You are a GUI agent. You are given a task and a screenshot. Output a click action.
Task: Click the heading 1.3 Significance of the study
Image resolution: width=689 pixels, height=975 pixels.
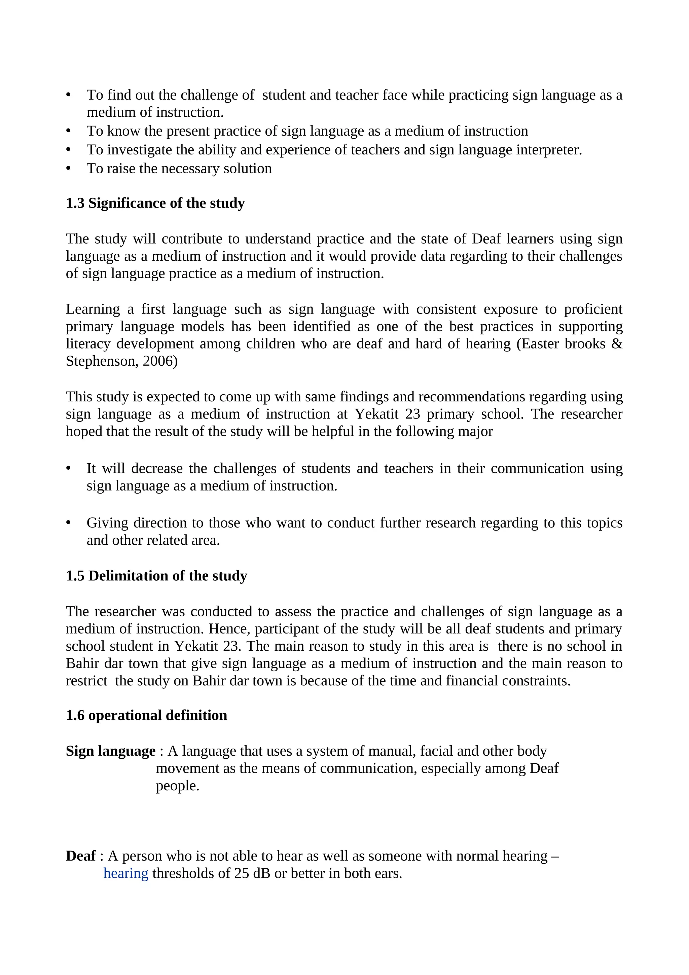point(155,204)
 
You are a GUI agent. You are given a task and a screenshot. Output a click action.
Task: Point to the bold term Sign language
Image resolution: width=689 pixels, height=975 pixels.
point(110,751)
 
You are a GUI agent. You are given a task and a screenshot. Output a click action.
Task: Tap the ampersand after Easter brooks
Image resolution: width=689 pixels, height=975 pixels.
point(617,344)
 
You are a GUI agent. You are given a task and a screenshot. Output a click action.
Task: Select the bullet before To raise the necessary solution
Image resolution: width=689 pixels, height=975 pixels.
point(68,169)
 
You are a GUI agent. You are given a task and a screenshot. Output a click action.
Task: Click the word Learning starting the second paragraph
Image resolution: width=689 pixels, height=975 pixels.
point(93,309)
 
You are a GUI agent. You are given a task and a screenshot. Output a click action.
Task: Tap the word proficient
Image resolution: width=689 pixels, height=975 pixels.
point(593,309)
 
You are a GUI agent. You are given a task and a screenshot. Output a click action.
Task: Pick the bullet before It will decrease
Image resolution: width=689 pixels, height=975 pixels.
point(68,468)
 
